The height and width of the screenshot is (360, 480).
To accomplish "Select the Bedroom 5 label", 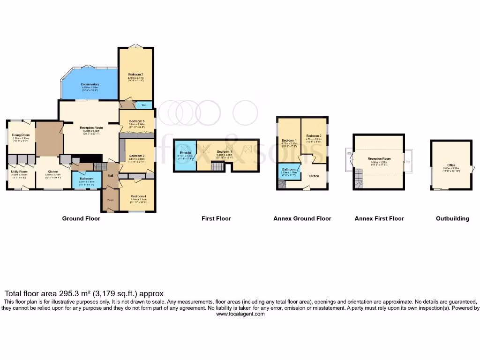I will coord(136,121).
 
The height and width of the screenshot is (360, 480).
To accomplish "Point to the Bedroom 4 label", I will coord(139,196).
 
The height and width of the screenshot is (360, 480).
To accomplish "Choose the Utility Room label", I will coord(20,172).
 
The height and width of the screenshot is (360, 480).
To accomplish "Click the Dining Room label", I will coord(21,135).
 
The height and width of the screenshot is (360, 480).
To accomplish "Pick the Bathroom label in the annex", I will coord(289,169).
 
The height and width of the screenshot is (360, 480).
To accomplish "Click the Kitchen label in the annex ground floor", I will coord(314,176).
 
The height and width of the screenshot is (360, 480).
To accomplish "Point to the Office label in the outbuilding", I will coord(451,165).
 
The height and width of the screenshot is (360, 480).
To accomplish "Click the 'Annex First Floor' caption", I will coord(379,218).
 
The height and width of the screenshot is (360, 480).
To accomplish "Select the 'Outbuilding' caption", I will coord(452,218).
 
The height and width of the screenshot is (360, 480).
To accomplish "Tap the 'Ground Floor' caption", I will coord(81,218).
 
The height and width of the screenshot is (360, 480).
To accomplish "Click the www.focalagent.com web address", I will coord(240,314).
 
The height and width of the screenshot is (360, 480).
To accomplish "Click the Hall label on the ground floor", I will coord(110,176).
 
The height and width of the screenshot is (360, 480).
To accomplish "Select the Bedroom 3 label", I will coord(136,156).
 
